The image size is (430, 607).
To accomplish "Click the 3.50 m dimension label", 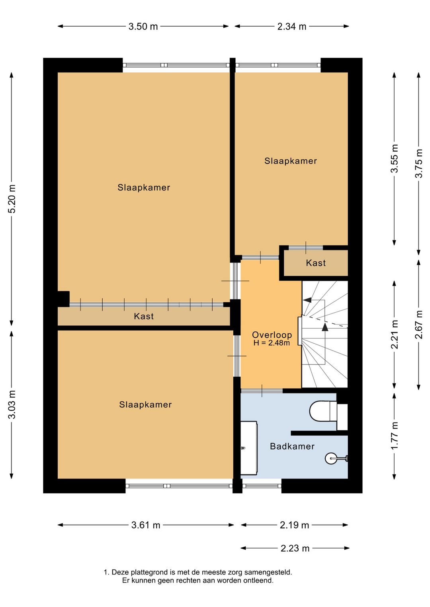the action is point(143,26).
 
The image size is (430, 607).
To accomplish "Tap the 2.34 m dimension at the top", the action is point(291,26).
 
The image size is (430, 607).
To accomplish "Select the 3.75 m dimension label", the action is point(419,163).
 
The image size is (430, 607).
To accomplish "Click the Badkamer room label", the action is point(292,446).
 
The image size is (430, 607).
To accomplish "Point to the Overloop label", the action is point(272,335).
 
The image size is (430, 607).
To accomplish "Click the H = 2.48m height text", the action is point(272,343).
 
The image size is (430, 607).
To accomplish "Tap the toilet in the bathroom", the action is point(328,411).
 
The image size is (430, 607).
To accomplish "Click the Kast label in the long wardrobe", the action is point(144,316).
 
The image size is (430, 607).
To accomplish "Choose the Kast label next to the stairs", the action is point(316,263).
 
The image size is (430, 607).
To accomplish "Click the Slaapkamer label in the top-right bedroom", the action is point(291,161).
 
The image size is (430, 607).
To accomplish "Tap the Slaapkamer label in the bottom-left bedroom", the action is point(145,405).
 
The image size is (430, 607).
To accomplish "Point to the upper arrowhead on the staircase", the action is point(307,300).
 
